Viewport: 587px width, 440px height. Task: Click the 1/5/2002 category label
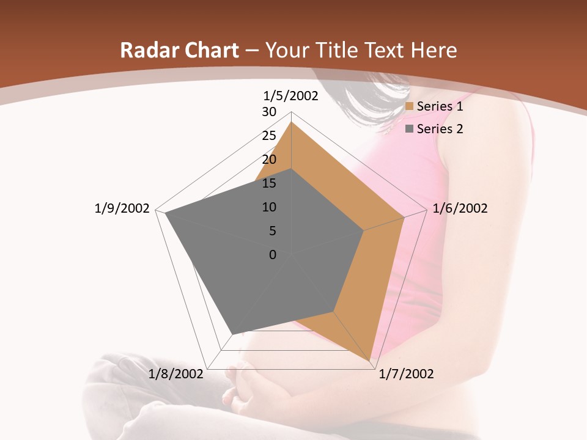click(291, 96)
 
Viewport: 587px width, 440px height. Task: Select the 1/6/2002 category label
click(460, 208)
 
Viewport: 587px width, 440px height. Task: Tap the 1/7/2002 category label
click(406, 374)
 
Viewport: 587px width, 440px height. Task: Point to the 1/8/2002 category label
click(176, 374)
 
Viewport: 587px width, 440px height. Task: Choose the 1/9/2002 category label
click(122, 208)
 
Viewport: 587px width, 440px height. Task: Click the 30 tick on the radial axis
click(269, 112)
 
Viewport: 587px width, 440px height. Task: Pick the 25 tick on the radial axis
click(269, 136)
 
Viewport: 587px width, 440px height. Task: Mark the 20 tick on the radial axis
click(269, 159)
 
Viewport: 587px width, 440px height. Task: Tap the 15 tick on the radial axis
click(269, 183)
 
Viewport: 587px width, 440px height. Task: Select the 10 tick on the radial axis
click(269, 207)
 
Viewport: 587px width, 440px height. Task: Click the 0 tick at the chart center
click(273, 255)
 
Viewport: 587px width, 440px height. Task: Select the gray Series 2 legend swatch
click(409, 129)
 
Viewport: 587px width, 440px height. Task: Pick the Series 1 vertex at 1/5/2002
click(292, 122)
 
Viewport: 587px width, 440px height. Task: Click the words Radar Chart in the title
click(179, 51)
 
